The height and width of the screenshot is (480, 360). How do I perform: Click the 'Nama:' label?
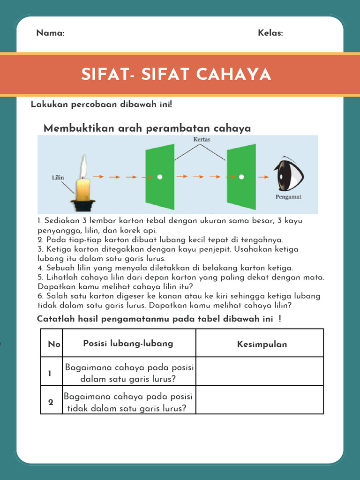click(50, 33)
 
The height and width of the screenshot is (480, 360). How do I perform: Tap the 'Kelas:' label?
click(270, 33)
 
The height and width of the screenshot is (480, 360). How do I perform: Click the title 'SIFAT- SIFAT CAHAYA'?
click(176, 74)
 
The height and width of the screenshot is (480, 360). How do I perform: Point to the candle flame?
click(83, 166)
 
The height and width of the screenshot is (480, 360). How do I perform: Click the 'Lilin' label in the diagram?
click(58, 178)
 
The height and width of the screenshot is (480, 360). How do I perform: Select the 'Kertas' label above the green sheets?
click(202, 140)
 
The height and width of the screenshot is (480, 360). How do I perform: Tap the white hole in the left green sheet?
click(160, 177)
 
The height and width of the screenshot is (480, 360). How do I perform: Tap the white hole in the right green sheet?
click(241, 177)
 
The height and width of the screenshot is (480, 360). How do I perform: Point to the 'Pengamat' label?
click(288, 197)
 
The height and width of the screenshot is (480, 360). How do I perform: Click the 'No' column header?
click(54, 344)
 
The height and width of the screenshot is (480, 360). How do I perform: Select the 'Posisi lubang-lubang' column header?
click(128, 343)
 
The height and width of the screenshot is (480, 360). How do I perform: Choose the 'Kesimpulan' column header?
click(262, 345)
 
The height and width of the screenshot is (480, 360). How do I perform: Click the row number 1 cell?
click(50, 373)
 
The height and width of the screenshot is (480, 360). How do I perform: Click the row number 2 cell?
click(51, 402)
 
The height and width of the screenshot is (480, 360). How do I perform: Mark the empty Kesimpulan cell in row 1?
click(260, 371)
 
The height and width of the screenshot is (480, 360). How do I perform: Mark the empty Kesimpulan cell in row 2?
click(260, 400)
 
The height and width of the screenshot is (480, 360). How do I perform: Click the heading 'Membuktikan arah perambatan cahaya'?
click(147, 128)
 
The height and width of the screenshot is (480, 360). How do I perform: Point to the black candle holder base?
click(83, 205)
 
